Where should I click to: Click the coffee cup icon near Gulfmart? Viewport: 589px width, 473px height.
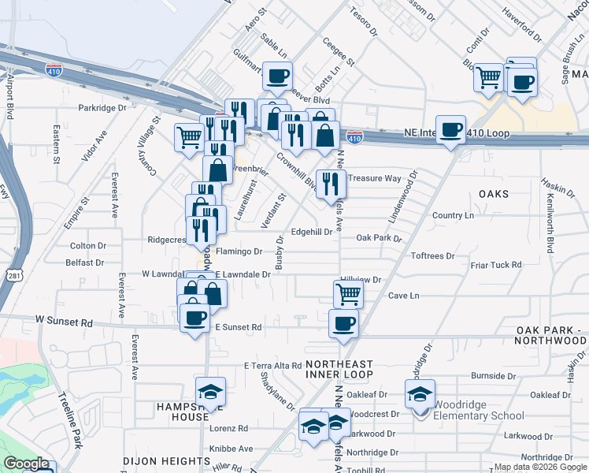(x=277, y=76)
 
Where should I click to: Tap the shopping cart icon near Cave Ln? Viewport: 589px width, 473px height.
(x=348, y=295)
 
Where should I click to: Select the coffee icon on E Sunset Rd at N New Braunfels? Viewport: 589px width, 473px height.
(x=343, y=323)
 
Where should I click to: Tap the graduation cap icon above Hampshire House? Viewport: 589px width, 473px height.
(x=210, y=393)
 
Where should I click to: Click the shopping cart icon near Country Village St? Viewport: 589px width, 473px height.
(x=189, y=138)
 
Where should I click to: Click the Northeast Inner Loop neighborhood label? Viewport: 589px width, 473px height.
(x=338, y=371)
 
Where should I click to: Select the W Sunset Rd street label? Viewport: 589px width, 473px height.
(x=64, y=323)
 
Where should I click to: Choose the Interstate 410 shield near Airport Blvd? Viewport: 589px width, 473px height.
(x=54, y=69)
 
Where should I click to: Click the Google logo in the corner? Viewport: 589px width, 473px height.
(x=26, y=464)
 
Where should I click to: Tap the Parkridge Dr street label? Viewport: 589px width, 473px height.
(x=102, y=107)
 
